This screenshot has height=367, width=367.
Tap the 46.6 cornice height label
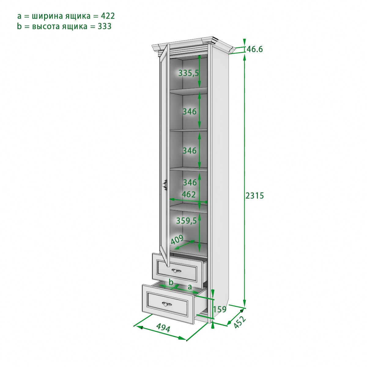255,49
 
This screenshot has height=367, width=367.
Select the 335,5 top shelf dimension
189,73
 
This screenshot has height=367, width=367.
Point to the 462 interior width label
189,195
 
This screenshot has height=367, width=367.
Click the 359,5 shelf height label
186,221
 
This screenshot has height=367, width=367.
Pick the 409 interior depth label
177,239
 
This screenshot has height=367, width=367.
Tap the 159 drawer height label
220,309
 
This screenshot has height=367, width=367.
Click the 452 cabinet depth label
239,322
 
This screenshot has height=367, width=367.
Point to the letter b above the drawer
171,282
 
